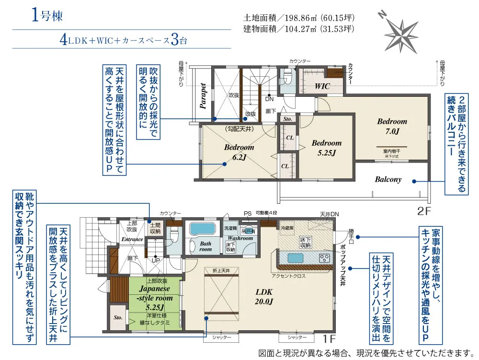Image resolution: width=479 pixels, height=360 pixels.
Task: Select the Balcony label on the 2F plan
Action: point(388,180)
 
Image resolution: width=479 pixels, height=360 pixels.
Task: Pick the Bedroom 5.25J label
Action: point(327,148)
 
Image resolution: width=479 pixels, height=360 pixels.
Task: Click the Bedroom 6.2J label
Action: point(239,152)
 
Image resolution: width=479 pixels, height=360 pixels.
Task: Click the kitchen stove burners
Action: point(324,258)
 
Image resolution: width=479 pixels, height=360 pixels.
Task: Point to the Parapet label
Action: point(204,96)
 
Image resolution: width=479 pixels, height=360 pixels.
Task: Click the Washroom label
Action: point(240,238)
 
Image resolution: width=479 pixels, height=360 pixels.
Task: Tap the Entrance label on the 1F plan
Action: point(132,239)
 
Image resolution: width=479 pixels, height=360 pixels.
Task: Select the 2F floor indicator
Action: point(424,210)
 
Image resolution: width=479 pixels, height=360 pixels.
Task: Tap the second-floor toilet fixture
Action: point(287,77)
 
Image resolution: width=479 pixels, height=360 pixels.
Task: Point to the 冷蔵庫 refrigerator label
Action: point(286,228)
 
